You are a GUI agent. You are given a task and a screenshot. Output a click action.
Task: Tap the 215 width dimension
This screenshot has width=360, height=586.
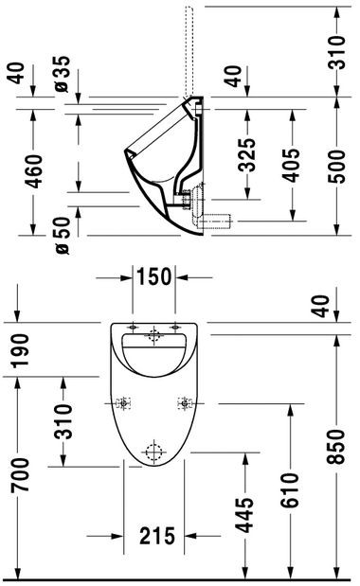[x=156, y=537]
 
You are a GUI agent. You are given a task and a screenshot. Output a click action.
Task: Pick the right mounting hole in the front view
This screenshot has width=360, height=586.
[x=182, y=401]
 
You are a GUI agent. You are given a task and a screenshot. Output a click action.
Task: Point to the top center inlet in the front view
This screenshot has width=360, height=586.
[x=153, y=334]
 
